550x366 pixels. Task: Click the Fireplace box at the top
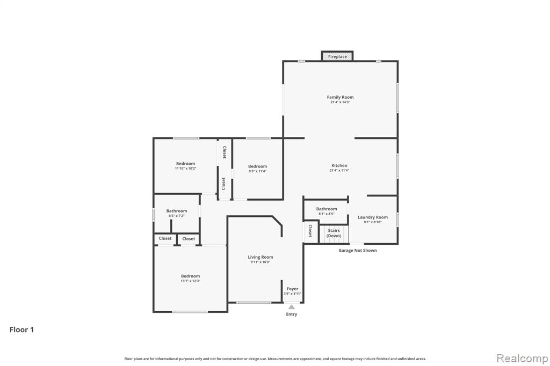point(337,56)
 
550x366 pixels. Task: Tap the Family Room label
point(340,97)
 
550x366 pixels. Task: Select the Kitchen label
point(339,165)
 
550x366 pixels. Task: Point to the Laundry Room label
point(373,217)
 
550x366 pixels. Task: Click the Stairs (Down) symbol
point(334,234)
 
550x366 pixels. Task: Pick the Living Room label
point(260,257)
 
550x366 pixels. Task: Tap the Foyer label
point(292,289)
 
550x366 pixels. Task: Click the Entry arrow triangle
point(292,307)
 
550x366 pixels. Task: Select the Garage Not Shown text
point(357,250)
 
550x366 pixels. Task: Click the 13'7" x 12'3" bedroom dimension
point(191,281)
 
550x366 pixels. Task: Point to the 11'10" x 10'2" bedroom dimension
point(185,169)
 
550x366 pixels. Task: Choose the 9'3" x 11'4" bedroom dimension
point(257,171)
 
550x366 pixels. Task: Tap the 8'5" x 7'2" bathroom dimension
point(176,216)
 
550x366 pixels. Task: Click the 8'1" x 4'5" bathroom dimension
point(327,214)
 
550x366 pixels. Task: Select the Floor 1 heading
point(21,330)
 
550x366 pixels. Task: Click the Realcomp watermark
point(522,358)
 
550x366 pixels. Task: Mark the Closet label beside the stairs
point(310,231)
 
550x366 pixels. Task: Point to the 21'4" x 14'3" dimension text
point(340,102)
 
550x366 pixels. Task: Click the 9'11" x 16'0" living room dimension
point(260,262)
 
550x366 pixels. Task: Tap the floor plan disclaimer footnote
point(275,358)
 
